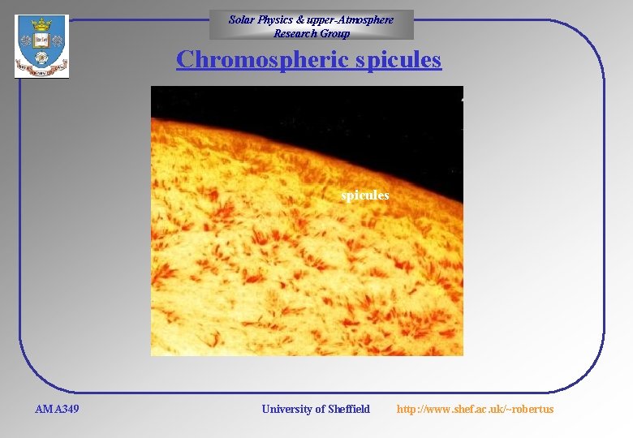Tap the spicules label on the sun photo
[x=364, y=195]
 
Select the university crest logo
[x=41, y=47]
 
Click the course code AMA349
[x=57, y=409]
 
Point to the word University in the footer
[x=286, y=409]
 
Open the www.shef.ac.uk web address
[x=475, y=409]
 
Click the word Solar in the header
[x=242, y=19]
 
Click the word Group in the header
[x=335, y=33]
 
